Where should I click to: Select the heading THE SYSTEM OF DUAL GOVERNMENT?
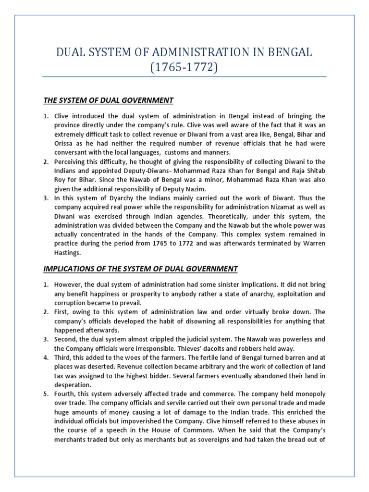point(108,100)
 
